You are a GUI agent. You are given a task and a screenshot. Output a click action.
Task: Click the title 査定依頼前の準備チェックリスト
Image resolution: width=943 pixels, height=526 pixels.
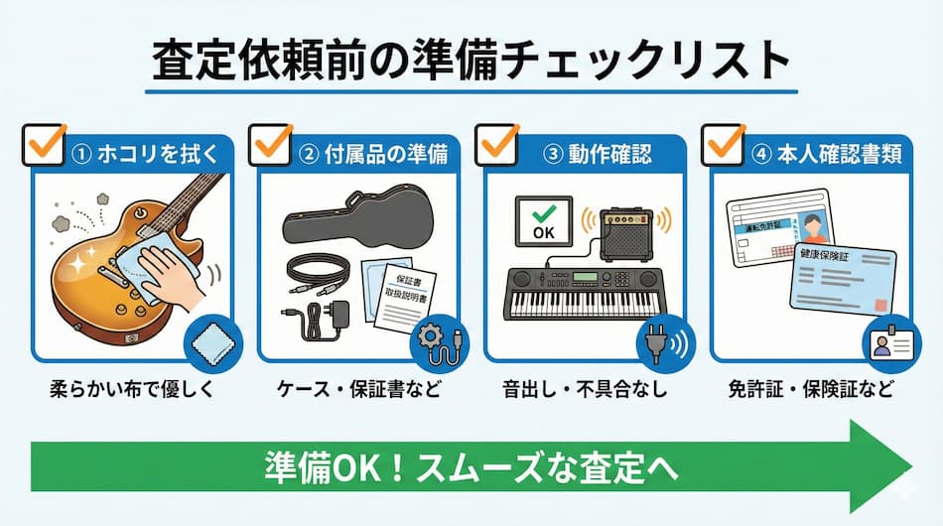471,62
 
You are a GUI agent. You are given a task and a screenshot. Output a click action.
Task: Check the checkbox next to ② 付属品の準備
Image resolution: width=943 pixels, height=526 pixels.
270,145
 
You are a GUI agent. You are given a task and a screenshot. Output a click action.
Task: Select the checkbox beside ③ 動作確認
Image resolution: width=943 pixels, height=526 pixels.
497,145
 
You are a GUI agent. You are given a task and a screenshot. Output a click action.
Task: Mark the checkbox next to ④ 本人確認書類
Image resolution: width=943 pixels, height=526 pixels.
724,145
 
